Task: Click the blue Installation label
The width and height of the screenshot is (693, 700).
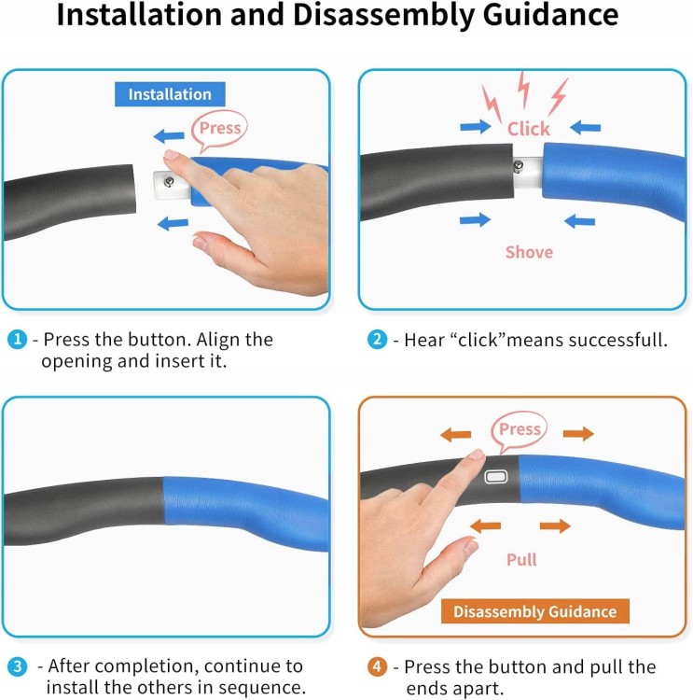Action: tap(170, 94)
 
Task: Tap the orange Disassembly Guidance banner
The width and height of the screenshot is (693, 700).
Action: tap(535, 611)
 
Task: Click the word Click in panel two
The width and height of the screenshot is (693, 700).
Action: tap(529, 129)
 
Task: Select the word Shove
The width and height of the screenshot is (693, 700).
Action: tap(529, 252)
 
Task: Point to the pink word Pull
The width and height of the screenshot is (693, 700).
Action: tap(521, 559)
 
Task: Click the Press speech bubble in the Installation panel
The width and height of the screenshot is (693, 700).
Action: tap(219, 131)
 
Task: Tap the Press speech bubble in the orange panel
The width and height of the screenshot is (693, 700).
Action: tap(519, 431)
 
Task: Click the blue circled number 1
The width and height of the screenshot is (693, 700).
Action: tap(18, 340)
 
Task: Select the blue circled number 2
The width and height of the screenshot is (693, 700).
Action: tap(377, 340)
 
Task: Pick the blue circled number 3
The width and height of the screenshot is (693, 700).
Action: tap(18, 667)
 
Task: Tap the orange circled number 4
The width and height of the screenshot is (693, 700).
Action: tap(377, 667)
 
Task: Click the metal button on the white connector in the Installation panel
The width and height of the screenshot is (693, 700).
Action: tap(169, 181)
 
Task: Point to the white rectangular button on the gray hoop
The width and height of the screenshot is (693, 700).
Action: tap(496, 477)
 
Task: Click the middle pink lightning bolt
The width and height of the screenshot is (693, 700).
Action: tap(523, 90)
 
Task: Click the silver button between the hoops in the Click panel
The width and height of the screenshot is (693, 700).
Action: tap(518, 166)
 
